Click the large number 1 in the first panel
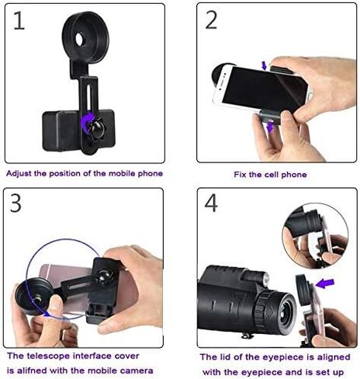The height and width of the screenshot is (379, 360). coord(19,21)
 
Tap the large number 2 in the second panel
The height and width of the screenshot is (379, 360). coord(211,20)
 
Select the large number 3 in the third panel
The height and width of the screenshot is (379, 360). coord(16,203)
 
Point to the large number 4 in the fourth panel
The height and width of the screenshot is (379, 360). coord(211,203)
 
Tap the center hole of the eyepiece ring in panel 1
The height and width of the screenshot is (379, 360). coord(80,39)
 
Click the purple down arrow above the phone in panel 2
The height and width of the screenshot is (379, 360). coord(264,66)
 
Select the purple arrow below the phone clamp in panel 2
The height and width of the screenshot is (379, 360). coord(270,127)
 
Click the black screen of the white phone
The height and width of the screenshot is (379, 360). coord(264,89)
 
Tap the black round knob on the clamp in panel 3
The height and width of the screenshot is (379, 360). coord(104,276)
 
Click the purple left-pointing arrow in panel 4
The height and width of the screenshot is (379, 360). coord(325,283)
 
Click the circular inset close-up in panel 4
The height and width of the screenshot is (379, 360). coord(316,236)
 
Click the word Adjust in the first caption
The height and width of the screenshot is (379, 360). coord(19,174)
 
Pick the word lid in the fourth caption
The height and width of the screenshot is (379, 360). coord(226,357)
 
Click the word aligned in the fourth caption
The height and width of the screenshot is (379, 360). coord(334,358)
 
